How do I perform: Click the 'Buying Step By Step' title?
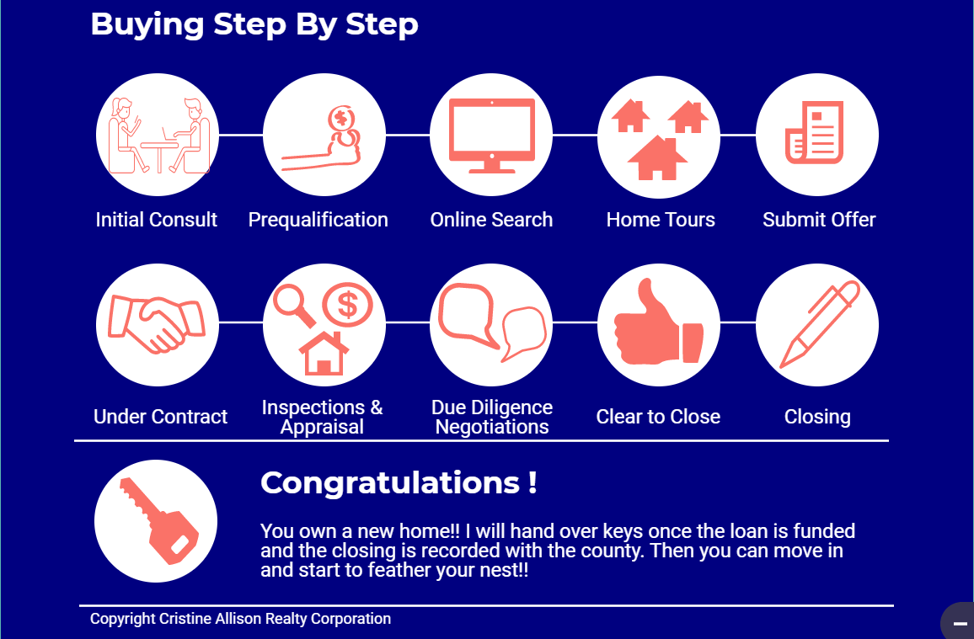pyautogui.click(x=254, y=24)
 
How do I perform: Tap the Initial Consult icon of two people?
pyautogui.click(x=158, y=136)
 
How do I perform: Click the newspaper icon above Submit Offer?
pyautogui.click(x=815, y=133)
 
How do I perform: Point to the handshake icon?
pyautogui.click(x=157, y=324)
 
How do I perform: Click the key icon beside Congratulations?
pyautogui.click(x=158, y=521)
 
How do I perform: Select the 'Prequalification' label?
pyautogui.click(x=318, y=220)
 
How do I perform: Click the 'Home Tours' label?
pyautogui.click(x=661, y=220)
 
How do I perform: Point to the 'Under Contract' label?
pyautogui.click(x=160, y=416)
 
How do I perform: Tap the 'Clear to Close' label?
pyautogui.click(x=658, y=416)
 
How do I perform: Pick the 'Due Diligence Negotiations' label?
pyautogui.click(x=492, y=417)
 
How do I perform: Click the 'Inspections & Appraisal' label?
pyautogui.click(x=322, y=417)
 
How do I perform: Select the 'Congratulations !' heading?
pyautogui.click(x=399, y=482)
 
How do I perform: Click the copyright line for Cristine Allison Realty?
pyautogui.click(x=240, y=619)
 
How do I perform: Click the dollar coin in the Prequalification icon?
pyautogui.click(x=341, y=117)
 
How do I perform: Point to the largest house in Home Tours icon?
pyautogui.click(x=657, y=159)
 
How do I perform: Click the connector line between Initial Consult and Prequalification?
pyautogui.click(x=241, y=135)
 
